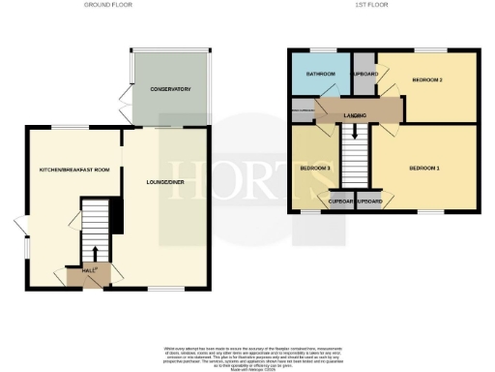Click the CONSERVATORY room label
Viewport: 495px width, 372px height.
pyautogui.click(x=170, y=89)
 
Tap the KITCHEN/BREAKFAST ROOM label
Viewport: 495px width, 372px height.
pyautogui.click(x=74, y=170)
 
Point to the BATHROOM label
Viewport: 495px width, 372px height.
pyautogui.click(x=320, y=74)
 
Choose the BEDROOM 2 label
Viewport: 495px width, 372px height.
pyautogui.click(x=426, y=79)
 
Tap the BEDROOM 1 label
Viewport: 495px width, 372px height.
pyautogui.click(x=424, y=169)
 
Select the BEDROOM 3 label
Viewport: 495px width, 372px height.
pyautogui.click(x=314, y=169)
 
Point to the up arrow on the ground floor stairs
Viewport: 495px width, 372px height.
pyautogui.click(x=94, y=234)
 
